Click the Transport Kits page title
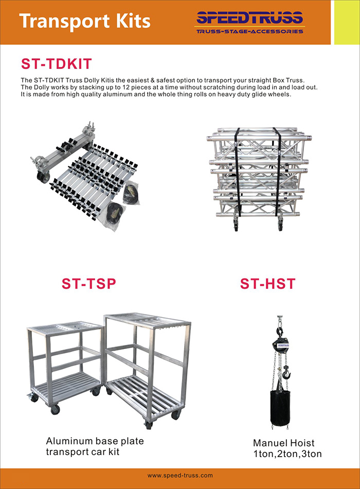(x=85, y=21)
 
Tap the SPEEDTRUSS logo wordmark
(x=249, y=18)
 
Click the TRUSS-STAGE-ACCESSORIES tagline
(x=249, y=31)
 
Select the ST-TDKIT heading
(x=57, y=64)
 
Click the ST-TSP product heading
(x=89, y=284)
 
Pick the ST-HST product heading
(x=267, y=284)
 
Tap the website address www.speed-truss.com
(x=180, y=476)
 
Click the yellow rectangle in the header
(x=347, y=22)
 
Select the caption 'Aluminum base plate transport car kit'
(x=95, y=446)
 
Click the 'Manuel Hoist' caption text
(x=284, y=443)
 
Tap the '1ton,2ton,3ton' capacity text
(x=287, y=454)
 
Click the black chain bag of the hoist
(x=280, y=408)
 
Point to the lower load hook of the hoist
(x=286, y=373)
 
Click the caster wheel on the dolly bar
(x=43, y=177)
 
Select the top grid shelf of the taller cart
(x=148, y=321)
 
